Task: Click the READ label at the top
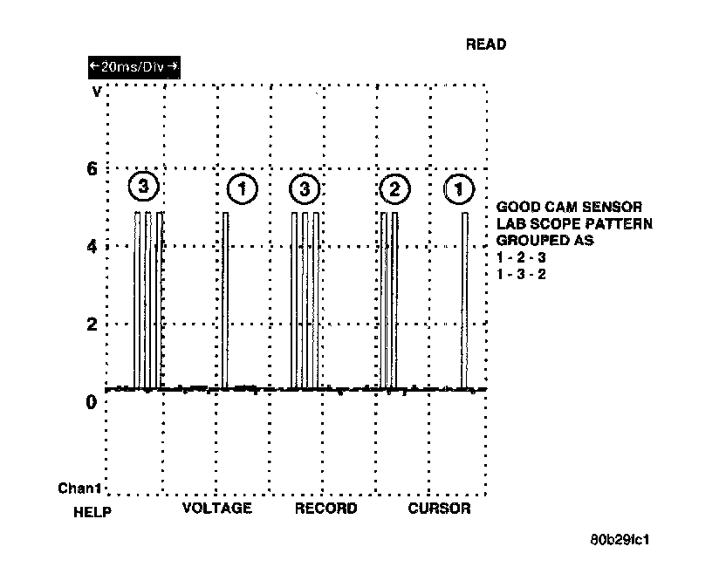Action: (486, 44)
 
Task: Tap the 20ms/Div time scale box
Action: (134, 66)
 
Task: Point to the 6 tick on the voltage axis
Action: (91, 169)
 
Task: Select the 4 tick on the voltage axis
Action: (91, 246)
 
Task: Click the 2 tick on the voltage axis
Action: (91, 324)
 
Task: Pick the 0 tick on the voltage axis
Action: (91, 402)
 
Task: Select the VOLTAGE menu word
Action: (216, 509)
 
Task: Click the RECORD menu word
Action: (325, 509)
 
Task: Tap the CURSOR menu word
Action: (439, 509)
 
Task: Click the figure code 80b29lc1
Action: (620, 539)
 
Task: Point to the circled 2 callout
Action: (394, 188)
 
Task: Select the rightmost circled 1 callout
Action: (460, 188)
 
